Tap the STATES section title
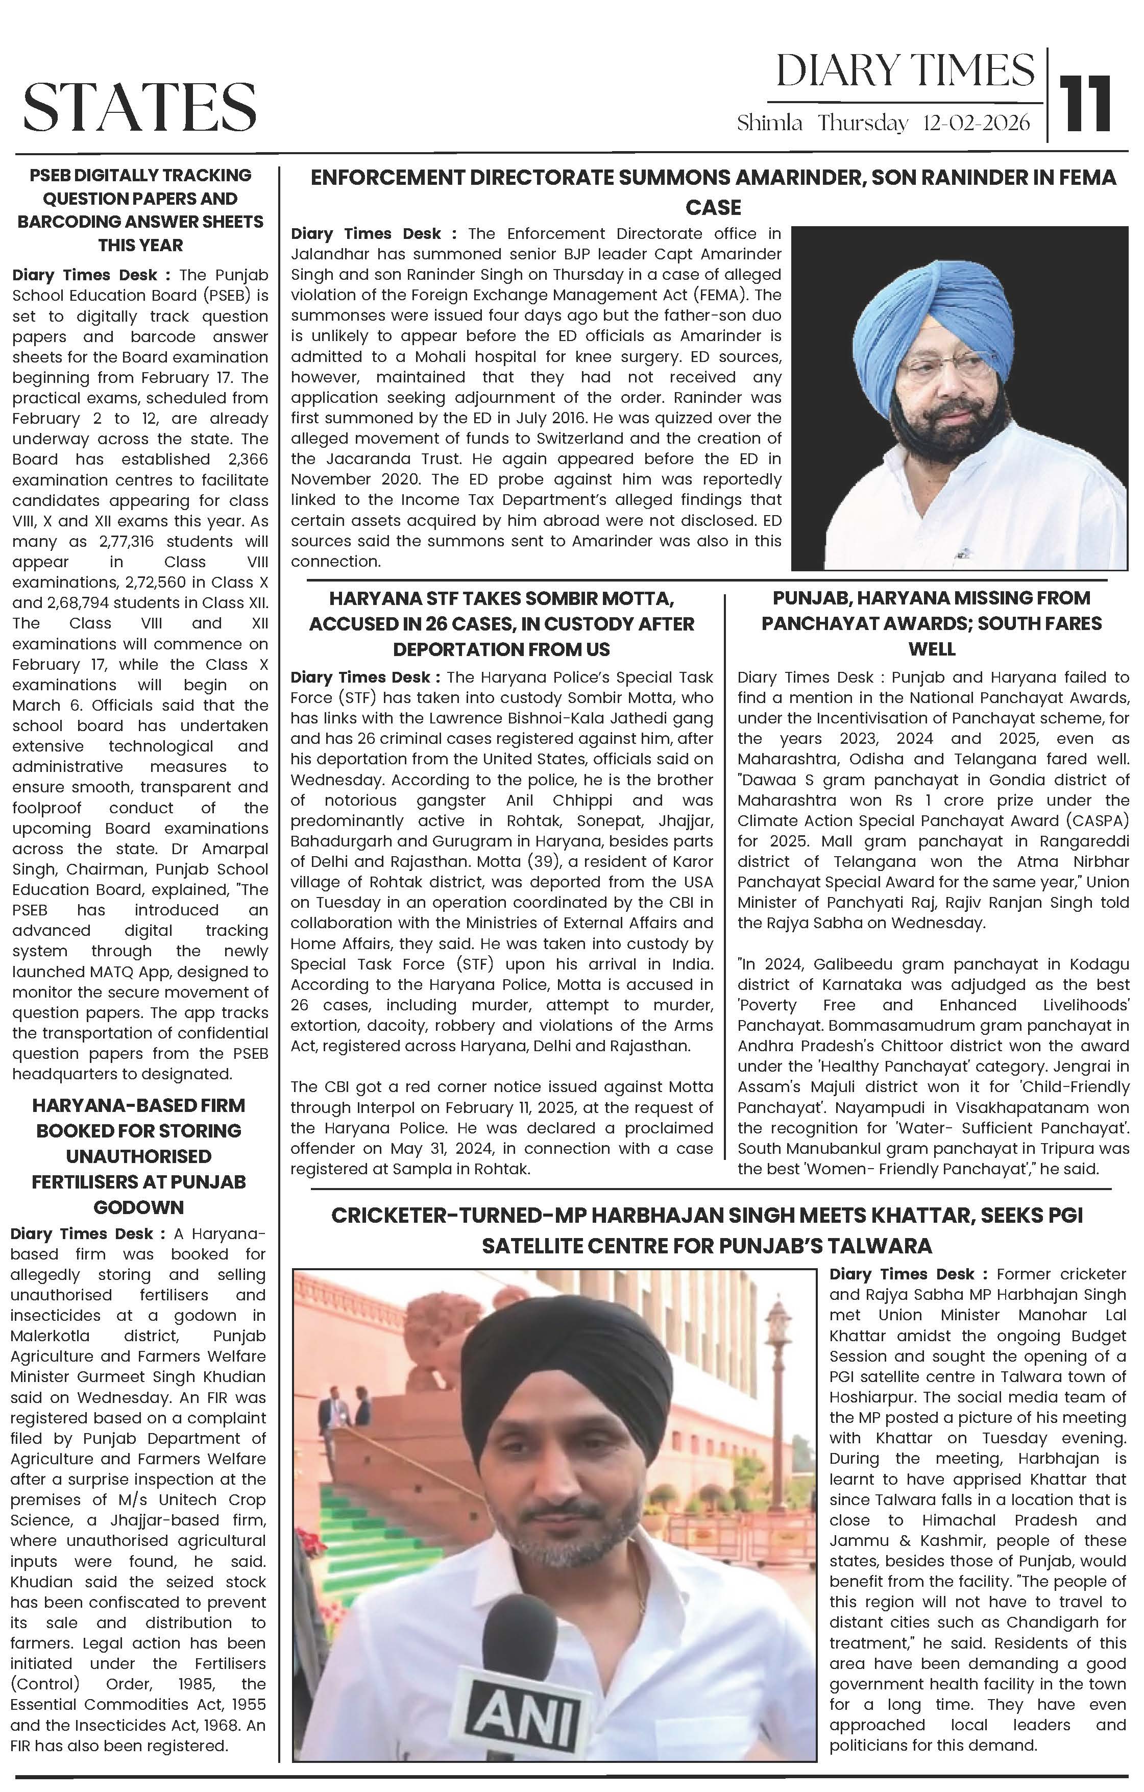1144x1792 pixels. (x=140, y=106)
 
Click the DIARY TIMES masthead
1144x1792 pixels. (x=905, y=70)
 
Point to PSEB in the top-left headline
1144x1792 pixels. (x=53, y=176)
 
